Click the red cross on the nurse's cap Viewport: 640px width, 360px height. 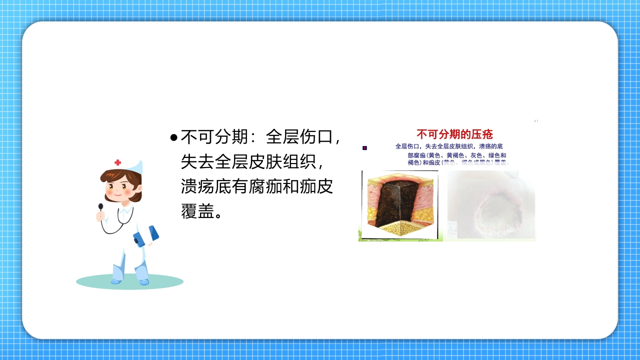pyautogui.click(x=118, y=162)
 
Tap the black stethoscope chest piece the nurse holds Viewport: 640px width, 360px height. pyautogui.click(x=100, y=206)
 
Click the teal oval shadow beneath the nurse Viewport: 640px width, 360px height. pyautogui.click(x=129, y=282)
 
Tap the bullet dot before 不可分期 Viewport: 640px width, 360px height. pyautogui.click(x=173, y=137)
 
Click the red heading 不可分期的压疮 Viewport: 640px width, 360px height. pyautogui.click(x=454, y=134)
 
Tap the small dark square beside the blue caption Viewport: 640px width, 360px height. pyautogui.click(x=365, y=148)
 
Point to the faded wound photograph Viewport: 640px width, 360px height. pyautogui.click(x=490, y=205)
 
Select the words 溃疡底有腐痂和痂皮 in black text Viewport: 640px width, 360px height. pyautogui.click(x=256, y=186)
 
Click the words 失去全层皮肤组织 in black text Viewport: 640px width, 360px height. pyautogui.click(x=247, y=161)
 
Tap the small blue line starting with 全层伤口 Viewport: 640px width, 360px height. pyautogui.click(x=448, y=146)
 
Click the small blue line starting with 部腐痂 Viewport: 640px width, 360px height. pyautogui.click(x=456, y=155)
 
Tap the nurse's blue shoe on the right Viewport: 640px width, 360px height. pyautogui.click(x=144, y=282)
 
